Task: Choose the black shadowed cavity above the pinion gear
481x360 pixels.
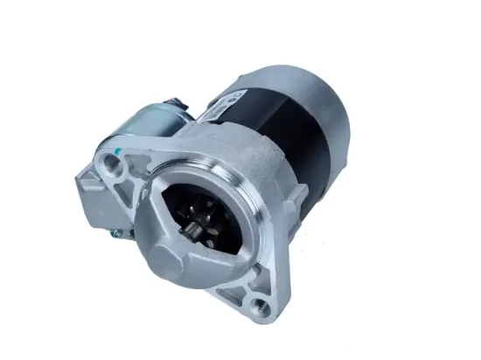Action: pyautogui.click(x=197, y=197)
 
